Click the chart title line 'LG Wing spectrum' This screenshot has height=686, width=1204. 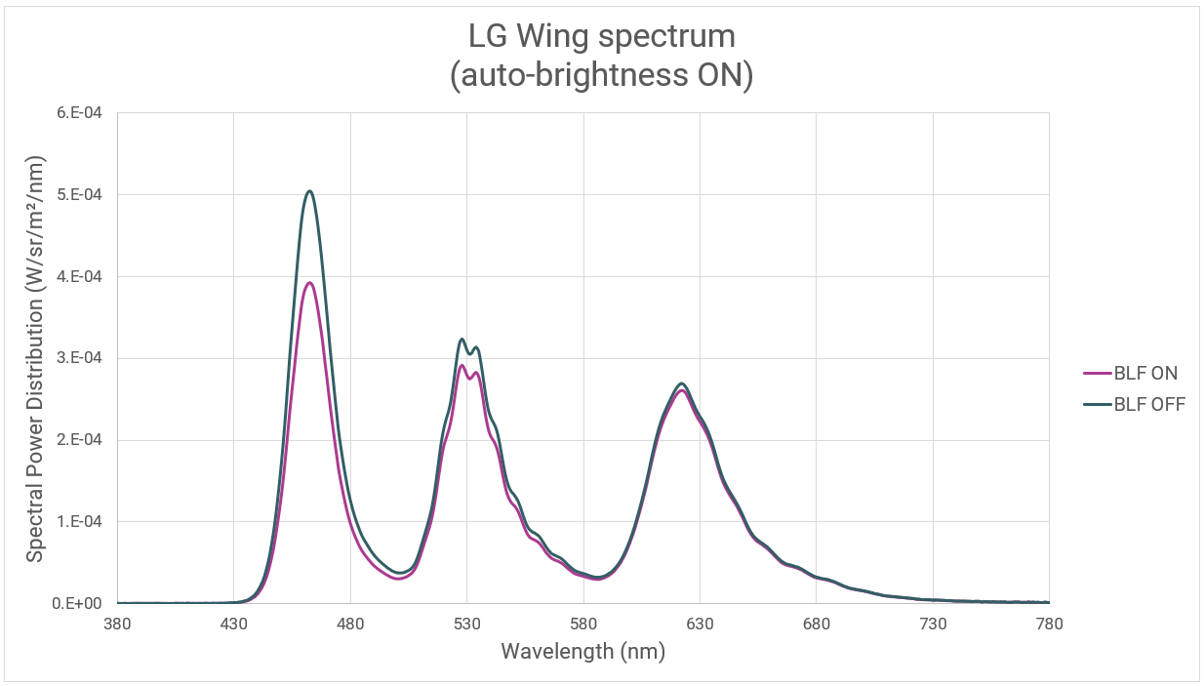(x=601, y=37)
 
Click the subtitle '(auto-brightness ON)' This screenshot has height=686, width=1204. (x=601, y=75)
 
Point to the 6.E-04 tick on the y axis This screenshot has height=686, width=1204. (x=82, y=113)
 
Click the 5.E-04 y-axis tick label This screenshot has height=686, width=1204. (x=82, y=195)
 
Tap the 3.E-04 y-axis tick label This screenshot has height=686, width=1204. (x=82, y=358)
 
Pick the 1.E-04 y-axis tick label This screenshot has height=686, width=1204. (x=82, y=522)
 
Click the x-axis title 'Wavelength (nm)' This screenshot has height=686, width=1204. (x=582, y=651)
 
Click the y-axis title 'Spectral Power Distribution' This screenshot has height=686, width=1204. (x=35, y=358)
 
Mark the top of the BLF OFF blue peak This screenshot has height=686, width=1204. (x=309, y=191)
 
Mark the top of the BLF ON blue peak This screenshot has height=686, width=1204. (x=309, y=283)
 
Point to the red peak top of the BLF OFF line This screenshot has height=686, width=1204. (x=682, y=383)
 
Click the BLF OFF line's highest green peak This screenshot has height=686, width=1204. (x=462, y=340)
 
